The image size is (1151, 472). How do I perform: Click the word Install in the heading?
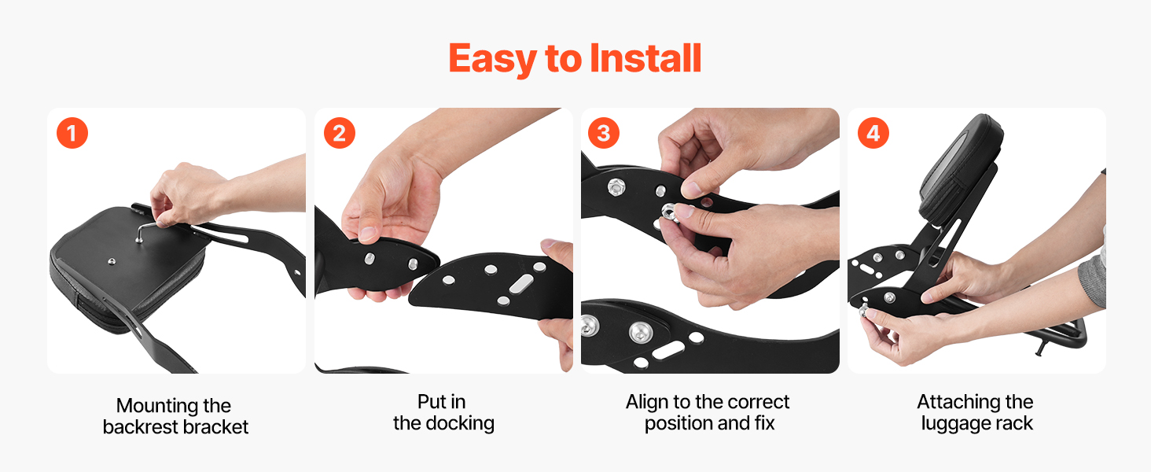pos(645,58)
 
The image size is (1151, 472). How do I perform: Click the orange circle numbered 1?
pos(72,133)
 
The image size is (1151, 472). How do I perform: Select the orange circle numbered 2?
pos(339,133)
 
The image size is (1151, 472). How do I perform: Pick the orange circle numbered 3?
pos(603,133)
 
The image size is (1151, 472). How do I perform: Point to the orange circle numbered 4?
pos(873,133)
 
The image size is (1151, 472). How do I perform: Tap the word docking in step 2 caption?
pos(460,424)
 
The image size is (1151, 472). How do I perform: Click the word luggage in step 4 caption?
pos(954,424)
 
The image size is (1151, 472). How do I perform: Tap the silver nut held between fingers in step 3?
pos(670,212)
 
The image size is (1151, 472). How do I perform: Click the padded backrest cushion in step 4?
pos(961,171)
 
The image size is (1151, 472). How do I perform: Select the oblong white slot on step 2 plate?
pos(520,283)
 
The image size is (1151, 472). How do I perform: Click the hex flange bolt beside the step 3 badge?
pos(616,186)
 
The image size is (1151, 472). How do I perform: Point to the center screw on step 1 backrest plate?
pos(112,262)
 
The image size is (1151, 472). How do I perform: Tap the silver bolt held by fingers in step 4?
pos(864,310)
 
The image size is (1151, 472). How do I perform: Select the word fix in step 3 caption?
pos(765,424)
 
